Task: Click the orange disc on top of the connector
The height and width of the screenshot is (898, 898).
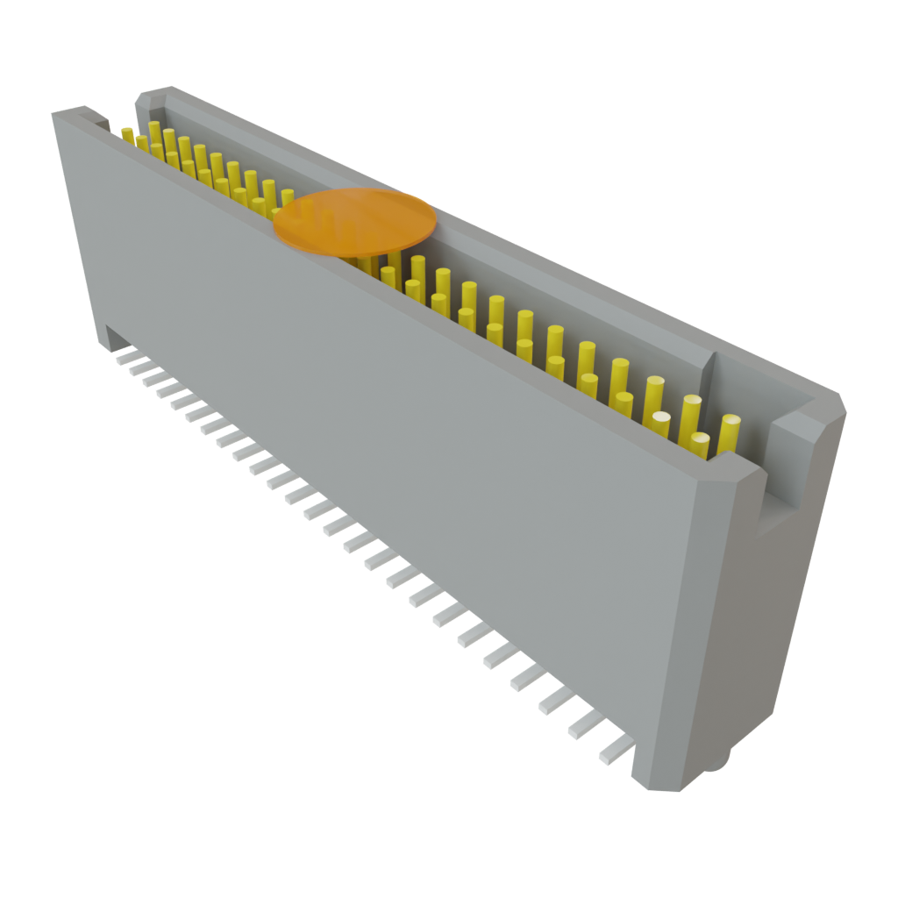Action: click(354, 221)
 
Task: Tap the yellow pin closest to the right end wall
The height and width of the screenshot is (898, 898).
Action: click(729, 435)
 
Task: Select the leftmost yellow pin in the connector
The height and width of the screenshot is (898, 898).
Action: click(128, 133)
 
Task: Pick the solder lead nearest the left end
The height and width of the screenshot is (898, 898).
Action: click(125, 356)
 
